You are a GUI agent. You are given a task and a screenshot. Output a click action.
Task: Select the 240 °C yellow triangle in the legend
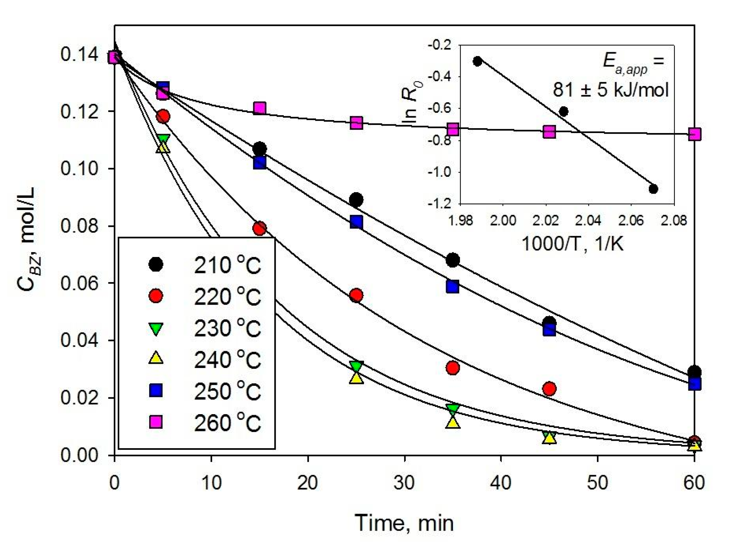pos(156,358)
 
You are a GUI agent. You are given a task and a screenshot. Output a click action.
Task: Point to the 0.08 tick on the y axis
pos(76,226)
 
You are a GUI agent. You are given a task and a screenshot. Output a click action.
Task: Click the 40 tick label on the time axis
pos(501,483)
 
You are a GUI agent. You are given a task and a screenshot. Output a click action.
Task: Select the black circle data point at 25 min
pos(356,200)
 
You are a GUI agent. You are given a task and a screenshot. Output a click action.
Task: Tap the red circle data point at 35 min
pos(453,368)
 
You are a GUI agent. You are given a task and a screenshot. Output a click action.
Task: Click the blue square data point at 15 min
pos(260,162)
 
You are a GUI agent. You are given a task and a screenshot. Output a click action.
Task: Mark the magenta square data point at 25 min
pos(356,123)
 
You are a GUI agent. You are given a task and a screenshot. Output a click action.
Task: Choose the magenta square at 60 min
pos(695,134)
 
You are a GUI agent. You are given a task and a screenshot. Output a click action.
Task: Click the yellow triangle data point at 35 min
pos(453,423)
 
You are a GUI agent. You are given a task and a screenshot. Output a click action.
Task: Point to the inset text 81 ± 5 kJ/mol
pos(611,90)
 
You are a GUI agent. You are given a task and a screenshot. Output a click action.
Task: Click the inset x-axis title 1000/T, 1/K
pos(572,244)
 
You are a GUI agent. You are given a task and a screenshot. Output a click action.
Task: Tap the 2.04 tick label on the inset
pos(588,221)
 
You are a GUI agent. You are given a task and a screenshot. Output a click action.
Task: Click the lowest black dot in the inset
pos(653,189)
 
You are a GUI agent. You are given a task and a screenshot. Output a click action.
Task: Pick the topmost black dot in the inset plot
pos(477,61)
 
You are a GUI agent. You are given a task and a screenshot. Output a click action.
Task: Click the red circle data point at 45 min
pos(549,389)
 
